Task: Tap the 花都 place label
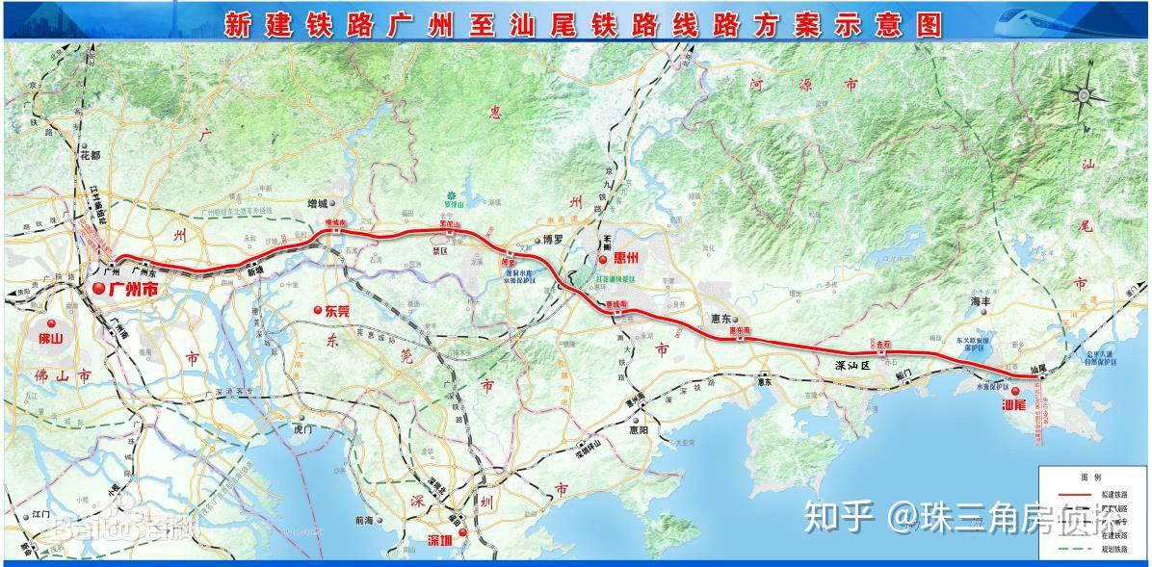(91, 154)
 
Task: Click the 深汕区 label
(851, 366)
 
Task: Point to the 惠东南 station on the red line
(739, 331)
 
